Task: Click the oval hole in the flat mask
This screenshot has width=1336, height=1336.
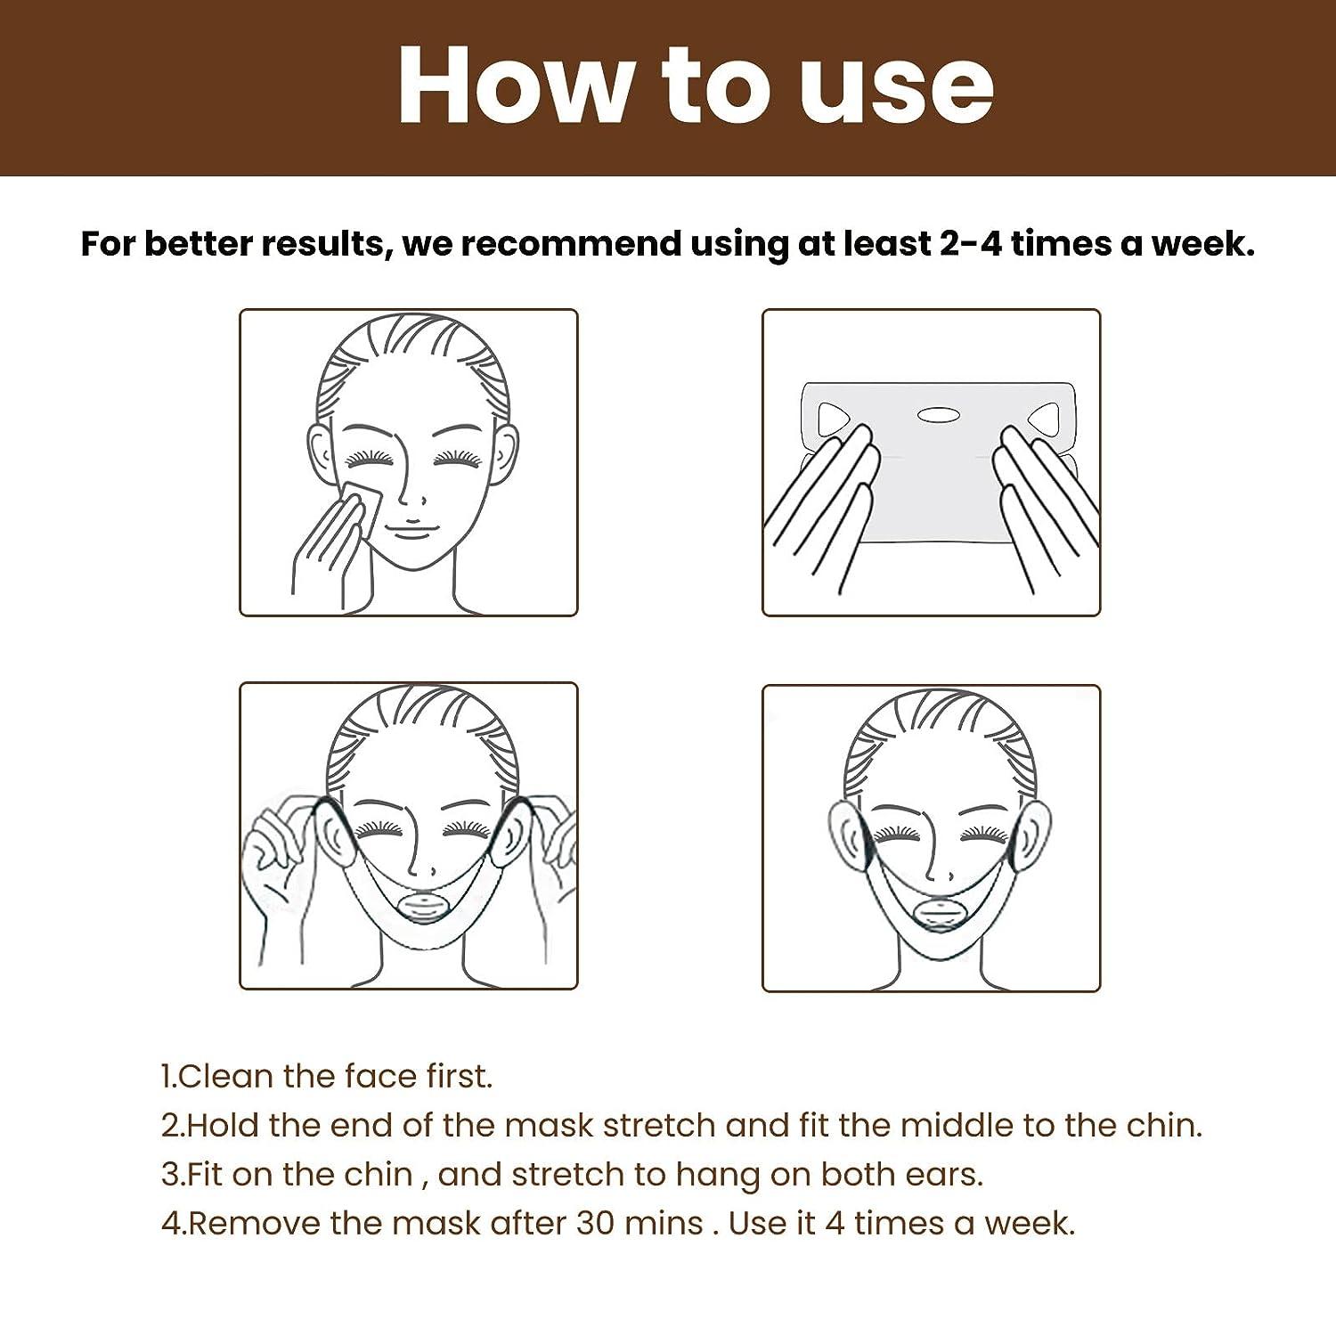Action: (935, 414)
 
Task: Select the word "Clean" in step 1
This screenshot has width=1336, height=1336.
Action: (225, 1076)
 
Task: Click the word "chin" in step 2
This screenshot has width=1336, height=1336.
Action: (1163, 1125)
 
